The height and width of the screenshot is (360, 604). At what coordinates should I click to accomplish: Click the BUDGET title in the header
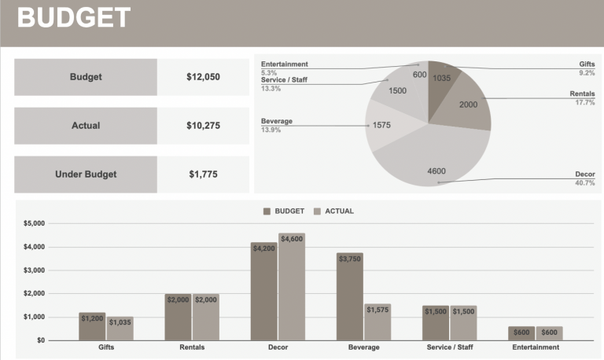coord(74,18)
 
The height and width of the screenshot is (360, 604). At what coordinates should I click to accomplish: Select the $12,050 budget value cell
coord(203,77)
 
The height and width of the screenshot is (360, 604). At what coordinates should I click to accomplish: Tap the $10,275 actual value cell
coord(203,126)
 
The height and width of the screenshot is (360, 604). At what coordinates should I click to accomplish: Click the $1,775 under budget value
coord(203,174)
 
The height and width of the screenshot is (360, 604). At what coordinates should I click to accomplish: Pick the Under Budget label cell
coord(86,174)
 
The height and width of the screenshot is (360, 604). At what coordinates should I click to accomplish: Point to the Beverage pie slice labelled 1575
coord(383,125)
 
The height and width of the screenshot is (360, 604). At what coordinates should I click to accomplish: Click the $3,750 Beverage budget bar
coord(349,296)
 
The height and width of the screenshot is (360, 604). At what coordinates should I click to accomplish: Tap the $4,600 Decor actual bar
coord(291,287)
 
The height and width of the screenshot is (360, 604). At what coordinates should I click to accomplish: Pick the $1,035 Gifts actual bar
coord(120,329)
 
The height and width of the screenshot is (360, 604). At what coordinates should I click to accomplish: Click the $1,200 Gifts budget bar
coord(91,326)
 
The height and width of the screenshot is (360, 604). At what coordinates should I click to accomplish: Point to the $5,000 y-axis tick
coord(34,223)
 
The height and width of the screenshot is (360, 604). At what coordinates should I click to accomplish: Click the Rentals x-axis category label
coord(192,347)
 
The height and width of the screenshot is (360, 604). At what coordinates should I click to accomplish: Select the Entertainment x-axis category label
coord(536,347)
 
